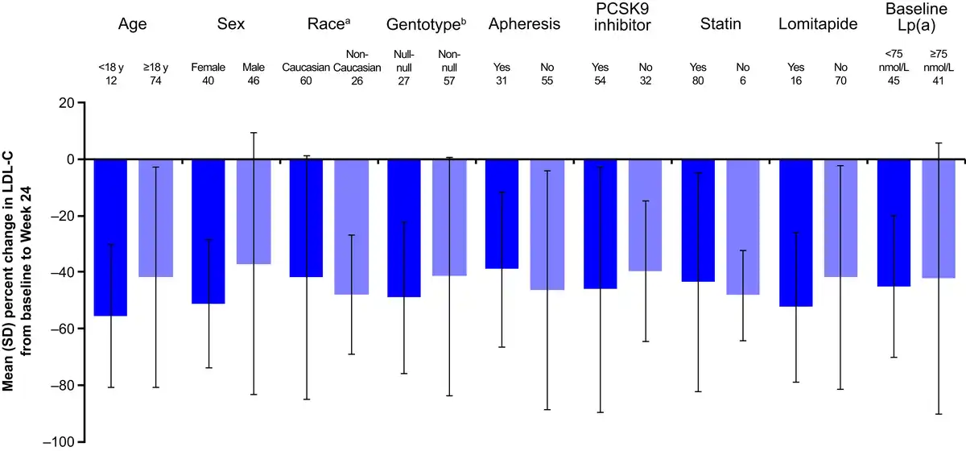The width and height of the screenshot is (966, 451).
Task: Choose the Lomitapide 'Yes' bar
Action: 796,233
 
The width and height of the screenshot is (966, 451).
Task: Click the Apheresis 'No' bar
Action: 547,225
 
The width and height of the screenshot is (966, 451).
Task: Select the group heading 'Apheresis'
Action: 524,24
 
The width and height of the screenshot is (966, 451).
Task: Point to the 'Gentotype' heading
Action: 426,24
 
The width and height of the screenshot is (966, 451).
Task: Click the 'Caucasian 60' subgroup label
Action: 307,74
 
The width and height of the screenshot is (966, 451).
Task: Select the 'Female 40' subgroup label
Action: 208,74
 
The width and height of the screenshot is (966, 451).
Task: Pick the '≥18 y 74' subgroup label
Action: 155,74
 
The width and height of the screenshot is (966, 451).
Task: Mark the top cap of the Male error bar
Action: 254,133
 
